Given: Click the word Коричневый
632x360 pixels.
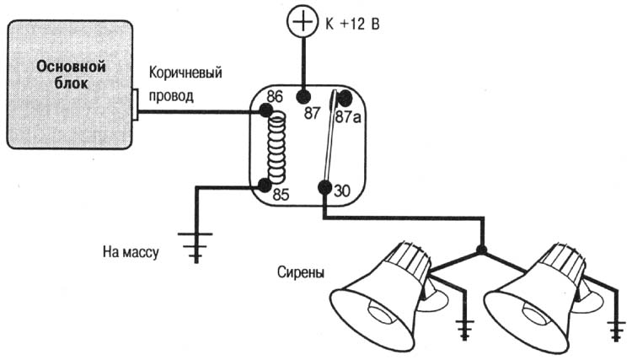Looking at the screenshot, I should tap(186, 73).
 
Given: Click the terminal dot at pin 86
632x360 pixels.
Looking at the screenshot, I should tap(266, 110).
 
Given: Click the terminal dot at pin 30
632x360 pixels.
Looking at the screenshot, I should tap(323, 187).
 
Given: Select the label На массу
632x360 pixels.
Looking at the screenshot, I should tap(131, 250).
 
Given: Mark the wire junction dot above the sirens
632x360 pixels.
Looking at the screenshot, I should tap(480, 250).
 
